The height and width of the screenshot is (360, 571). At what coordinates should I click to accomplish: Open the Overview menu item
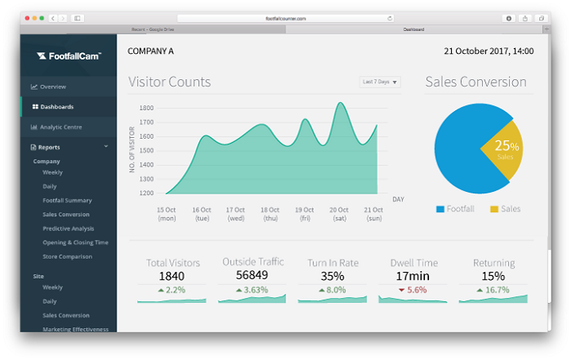(53, 87)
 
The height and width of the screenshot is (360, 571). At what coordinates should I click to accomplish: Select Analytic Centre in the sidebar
(60, 127)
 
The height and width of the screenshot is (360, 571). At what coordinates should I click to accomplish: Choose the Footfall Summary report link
(67, 200)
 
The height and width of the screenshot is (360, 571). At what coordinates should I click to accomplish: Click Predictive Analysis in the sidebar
(69, 229)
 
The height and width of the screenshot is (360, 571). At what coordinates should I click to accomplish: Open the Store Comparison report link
(67, 256)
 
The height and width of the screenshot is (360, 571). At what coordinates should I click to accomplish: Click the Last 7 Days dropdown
(380, 82)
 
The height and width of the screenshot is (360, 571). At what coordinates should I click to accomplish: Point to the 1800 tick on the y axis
(146, 108)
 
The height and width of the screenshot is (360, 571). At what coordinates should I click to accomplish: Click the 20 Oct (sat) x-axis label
(339, 213)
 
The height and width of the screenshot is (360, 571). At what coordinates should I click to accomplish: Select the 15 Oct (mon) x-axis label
(166, 213)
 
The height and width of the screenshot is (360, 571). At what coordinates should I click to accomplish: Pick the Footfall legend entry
(458, 209)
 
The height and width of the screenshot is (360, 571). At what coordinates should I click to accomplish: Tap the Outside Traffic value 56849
(253, 275)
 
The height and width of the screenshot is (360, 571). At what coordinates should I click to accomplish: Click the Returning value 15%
(494, 276)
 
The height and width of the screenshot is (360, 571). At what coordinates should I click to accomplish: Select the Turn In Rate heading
(333, 263)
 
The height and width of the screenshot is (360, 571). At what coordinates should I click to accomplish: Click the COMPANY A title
(151, 51)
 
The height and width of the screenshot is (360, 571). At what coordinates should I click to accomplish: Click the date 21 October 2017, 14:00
(489, 51)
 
